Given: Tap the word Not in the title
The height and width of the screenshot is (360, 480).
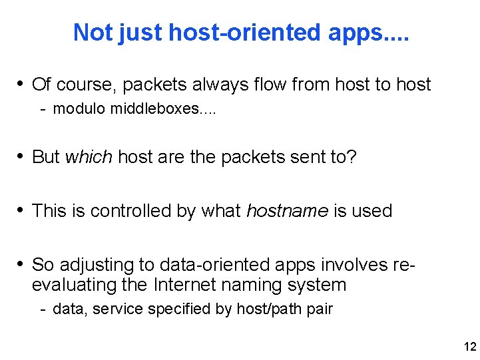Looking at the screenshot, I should [93, 32].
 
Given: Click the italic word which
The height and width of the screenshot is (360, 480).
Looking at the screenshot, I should [89, 157].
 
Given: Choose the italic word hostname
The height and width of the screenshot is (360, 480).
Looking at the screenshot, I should [287, 211].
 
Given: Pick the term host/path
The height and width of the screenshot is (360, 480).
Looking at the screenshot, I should [264, 309].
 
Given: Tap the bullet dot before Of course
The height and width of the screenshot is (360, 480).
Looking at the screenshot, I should [21, 84].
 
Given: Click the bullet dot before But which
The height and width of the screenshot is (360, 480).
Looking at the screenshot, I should [21, 156].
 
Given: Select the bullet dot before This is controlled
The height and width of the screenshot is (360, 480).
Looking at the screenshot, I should [21, 210].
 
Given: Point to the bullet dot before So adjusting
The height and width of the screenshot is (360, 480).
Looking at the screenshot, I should [21, 264].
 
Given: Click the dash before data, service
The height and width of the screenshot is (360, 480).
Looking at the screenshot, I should [42, 309].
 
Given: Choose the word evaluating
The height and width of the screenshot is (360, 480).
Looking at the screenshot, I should [76, 285].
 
